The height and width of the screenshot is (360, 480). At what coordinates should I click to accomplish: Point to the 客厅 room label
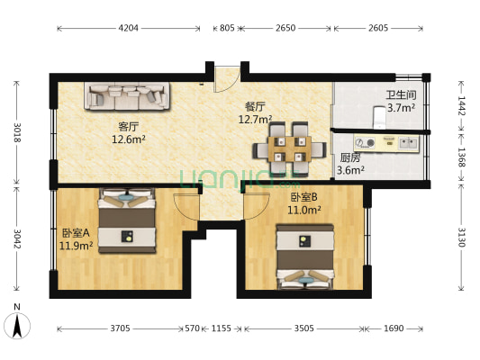[128, 126]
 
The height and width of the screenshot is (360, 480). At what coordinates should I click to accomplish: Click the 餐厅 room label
[255, 105]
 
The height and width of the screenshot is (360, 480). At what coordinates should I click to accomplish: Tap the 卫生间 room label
[400, 95]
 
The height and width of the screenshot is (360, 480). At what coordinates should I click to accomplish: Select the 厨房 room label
[350, 157]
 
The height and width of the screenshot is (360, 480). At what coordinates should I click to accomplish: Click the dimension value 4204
[129, 28]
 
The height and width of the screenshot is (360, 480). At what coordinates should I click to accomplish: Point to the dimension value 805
[227, 28]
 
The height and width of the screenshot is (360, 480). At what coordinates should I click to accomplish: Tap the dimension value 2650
[285, 28]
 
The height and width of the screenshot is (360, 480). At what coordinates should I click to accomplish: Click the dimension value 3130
[461, 238]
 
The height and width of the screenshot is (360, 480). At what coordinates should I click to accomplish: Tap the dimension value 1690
[394, 329]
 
